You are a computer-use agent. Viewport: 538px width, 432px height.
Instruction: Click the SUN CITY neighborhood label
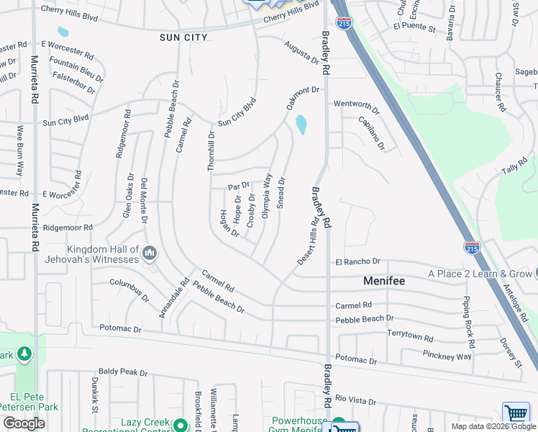click(x=184, y=37)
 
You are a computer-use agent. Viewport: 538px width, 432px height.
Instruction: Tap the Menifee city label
click(x=385, y=281)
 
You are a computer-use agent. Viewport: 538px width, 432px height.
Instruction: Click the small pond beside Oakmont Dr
click(x=301, y=125)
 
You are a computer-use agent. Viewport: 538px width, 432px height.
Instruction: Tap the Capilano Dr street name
click(x=371, y=132)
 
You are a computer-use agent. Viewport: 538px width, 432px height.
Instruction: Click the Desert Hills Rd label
click(x=309, y=243)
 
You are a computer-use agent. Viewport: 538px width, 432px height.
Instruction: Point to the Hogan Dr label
click(x=230, y=222)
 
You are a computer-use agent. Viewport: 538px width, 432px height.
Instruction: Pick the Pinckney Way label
click(x=448, y=356)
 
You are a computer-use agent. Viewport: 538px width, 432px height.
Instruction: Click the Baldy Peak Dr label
click(x=123, y=372)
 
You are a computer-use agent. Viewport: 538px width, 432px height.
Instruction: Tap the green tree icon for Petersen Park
click(x=24, y=354)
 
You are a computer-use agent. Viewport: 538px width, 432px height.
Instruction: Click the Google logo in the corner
click(x=24, y=423)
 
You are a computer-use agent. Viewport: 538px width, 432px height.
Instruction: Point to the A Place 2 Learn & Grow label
click(x=480, y=274)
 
